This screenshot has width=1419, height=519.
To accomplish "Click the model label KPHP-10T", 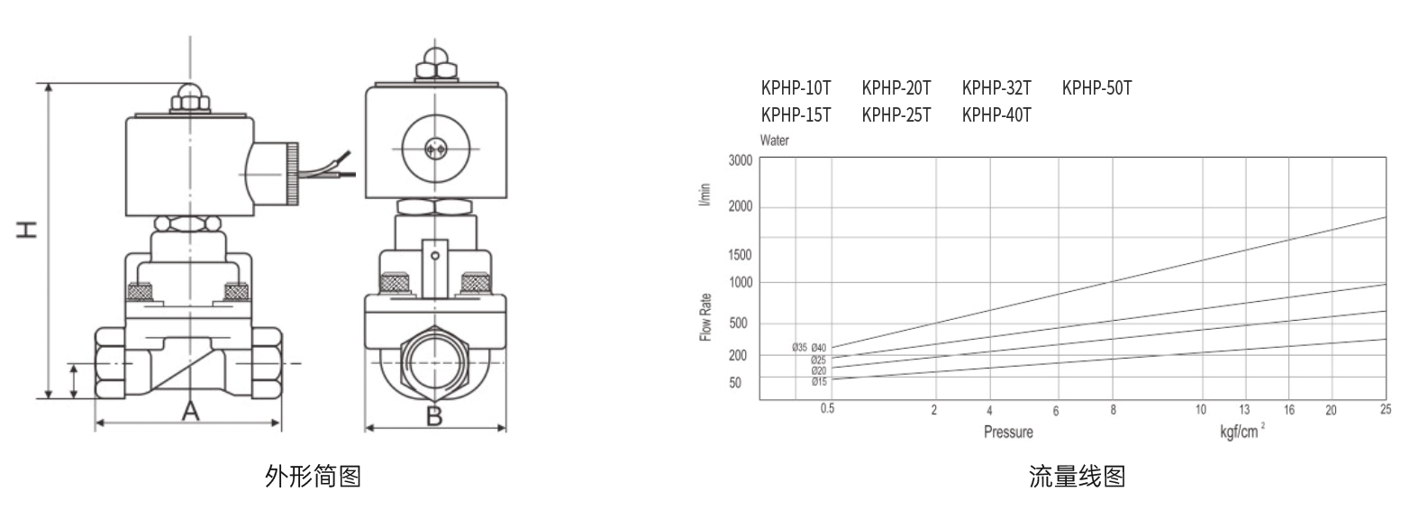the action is pos(796,87).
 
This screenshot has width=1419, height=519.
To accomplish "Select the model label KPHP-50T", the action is pos(1096,87).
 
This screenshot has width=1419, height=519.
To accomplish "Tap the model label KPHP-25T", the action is pos(896,115).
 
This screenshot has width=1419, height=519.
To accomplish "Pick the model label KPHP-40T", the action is pos(996,115).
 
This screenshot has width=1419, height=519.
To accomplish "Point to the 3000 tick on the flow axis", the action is pos(740,160).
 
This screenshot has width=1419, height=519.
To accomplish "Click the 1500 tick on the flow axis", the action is pos(740,255).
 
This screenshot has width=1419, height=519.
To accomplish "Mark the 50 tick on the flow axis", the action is pos(735,383).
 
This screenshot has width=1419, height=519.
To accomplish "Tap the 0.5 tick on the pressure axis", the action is pos(827,409).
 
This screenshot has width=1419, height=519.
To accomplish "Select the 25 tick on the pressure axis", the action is pos(1386,409).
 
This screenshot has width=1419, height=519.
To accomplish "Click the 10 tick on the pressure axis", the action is pos(1200,409).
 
